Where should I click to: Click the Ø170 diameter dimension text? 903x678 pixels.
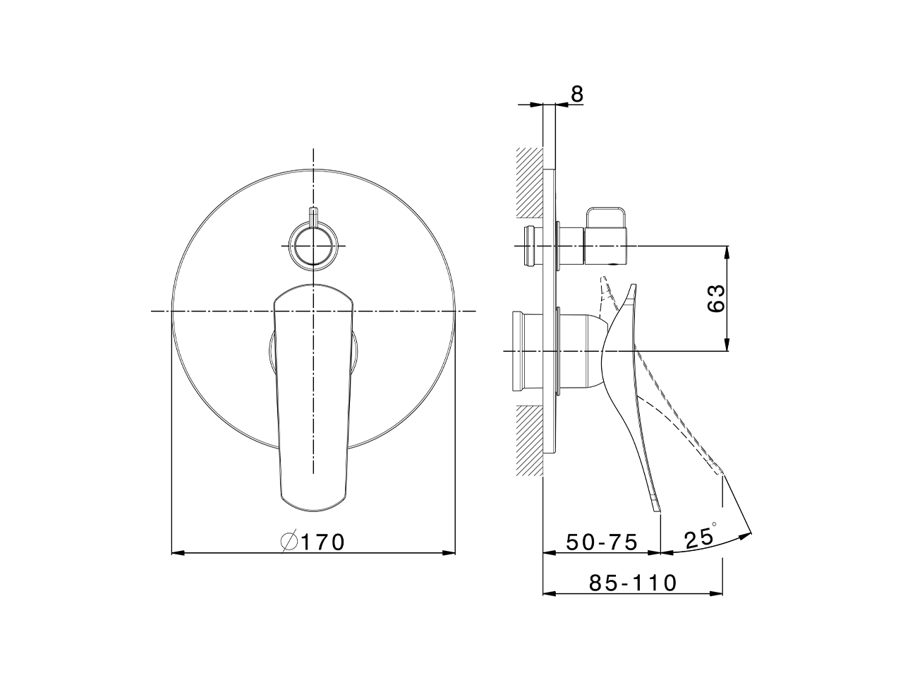coord(313,542)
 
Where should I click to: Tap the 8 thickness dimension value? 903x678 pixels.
coord(577,95)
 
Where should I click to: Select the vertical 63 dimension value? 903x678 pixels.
coord(715,297)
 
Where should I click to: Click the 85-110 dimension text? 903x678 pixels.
coord(633,583)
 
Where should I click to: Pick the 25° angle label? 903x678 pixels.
coord(698,538)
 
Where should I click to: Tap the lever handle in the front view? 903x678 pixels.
coord(313,395)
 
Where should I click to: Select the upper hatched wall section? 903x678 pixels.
coord(529,182)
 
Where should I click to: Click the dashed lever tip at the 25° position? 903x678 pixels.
coord(719,472)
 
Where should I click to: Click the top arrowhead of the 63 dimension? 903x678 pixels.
coord(727,251)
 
